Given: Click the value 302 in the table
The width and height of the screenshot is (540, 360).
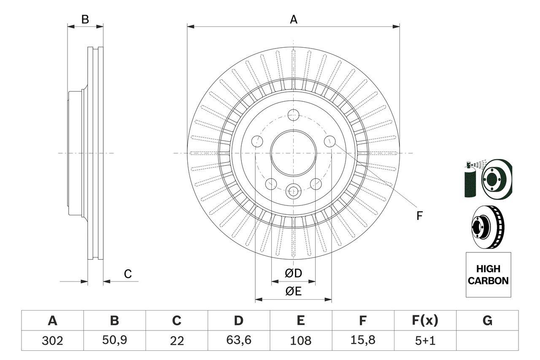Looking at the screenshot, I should pos(53,341).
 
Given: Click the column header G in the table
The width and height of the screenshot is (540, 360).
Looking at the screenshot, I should pos(487,321).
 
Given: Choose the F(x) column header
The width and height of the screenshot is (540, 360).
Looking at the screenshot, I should pos(425,321).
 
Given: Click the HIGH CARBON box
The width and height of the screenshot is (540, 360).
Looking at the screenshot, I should pos(488,274).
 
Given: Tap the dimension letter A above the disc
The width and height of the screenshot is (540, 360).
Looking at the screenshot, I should pos(294,19).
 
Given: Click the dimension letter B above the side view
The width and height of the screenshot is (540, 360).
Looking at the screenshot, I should pos(85,19).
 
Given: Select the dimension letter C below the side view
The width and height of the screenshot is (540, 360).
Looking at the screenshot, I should pos(128,274).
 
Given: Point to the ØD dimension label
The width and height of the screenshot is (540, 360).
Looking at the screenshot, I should pos(294,273).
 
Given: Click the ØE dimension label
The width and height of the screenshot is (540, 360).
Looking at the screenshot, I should pos(294,291).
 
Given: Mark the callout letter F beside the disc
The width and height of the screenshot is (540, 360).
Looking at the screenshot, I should pos(419,216).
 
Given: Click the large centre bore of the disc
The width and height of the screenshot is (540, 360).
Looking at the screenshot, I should pos(293,153).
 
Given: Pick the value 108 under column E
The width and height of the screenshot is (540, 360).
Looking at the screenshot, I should pos(301,341).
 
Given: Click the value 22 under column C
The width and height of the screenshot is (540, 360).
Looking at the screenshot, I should pos(177,341).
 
